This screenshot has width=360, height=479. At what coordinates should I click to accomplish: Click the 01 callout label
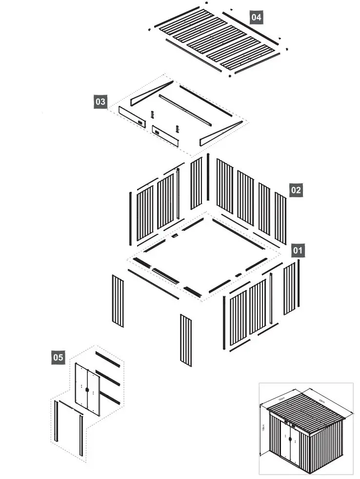pos(298,251)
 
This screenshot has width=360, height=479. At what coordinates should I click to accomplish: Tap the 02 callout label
pos(296,190)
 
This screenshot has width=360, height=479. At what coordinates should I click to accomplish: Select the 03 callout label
pos(100,102)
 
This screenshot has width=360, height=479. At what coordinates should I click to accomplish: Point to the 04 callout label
pos(256,17)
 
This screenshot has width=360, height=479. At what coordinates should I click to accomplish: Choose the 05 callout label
pos(58,357)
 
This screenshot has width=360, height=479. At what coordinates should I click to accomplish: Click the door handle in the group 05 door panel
pos(87,389)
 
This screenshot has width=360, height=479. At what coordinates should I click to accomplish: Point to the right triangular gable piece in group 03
pos(220,133)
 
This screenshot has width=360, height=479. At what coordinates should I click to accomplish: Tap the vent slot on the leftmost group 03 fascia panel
pos(140,123)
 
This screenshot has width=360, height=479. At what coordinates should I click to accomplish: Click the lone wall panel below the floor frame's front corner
pos(186,340)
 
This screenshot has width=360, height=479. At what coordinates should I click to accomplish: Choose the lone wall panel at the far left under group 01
pos(118,301)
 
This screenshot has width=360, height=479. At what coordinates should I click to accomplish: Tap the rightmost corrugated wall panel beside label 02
pos(280,218)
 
